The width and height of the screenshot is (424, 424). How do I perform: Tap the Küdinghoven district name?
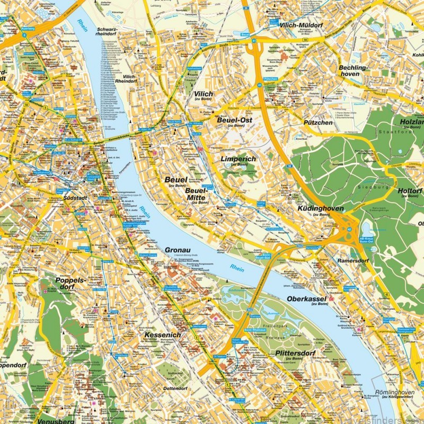coord(321,209)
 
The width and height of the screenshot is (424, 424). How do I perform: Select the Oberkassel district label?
coord(305,298)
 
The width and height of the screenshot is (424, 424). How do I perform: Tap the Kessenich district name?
coord(162,335)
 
